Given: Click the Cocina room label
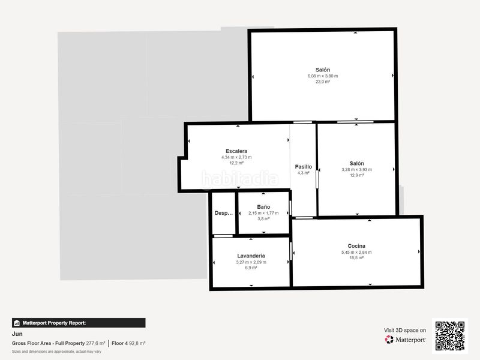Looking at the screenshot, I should pyautogui.click(x=356, y=245).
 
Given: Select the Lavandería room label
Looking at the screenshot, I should pyautogui.click(x=251, y=256).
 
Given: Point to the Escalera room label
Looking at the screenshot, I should pyautogui.click(x=236, y=151).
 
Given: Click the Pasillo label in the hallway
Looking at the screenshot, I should pyautogui.click(x=304, y=166).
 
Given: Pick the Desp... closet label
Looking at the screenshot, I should pyautogui.click(x=224, y=213).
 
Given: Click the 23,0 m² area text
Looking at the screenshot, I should pyautogui.click(x=323, y=82).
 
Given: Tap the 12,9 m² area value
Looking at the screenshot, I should pyautogui.click(x=356, y=175).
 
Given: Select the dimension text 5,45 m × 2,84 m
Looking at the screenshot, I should pyautogui.click(x=356, y=252).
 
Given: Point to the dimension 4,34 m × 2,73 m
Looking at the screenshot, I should pyautogui.click(x=236, y=157).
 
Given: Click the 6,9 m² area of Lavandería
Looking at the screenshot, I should pyautogui.click(x=251, y=268).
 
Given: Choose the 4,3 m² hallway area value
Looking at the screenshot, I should pyautogui.click(x=304, y=173).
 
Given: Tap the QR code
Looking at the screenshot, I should pyautogui.click(x=450, y=335).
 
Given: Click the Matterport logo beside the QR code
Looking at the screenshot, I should pyautogui.click(x=406, y=340).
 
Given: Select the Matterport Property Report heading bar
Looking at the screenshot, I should pyautogui.click(x=79, y=323).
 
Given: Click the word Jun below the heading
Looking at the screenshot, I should pyautogui.click(x=17, y=334).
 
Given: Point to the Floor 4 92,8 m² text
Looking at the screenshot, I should pyautogui.click(x=128, y=343).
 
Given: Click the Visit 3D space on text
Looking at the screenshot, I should pyautogui.click(x=405, y=330).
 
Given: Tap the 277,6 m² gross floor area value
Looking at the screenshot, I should pyautogui.click(x=96, y=343).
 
